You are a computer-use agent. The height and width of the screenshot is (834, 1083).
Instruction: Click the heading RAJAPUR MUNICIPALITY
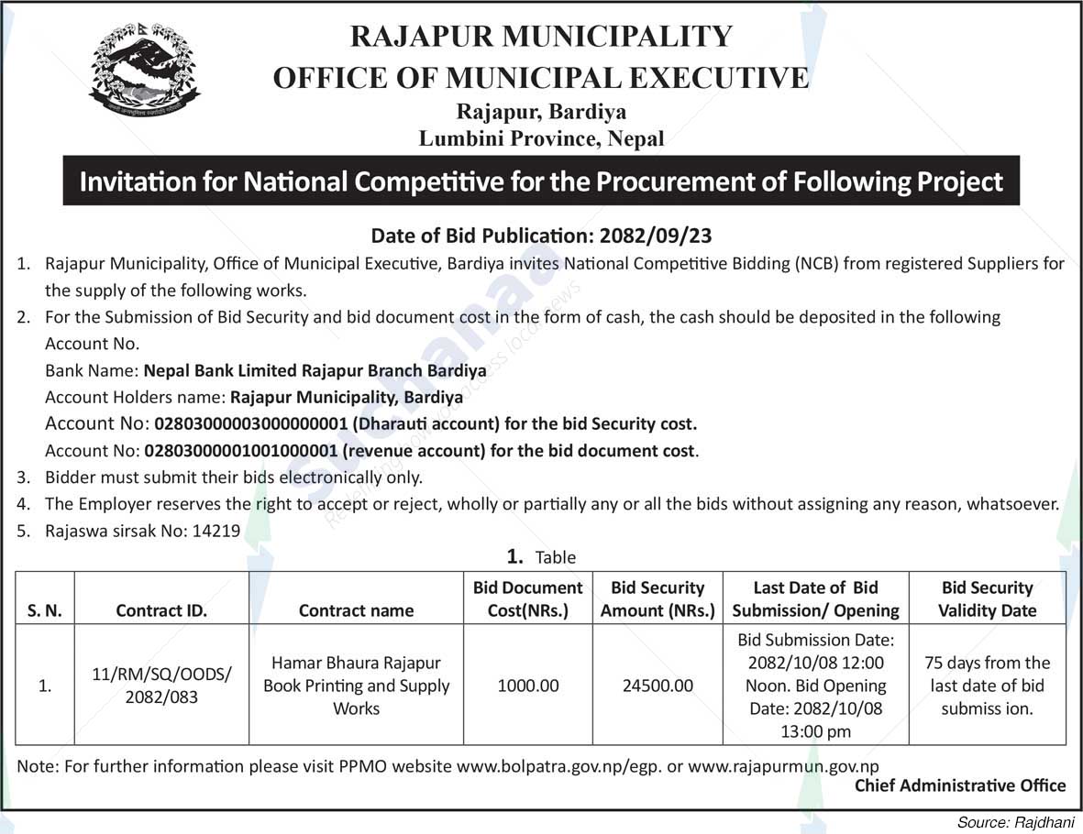coord(541,36)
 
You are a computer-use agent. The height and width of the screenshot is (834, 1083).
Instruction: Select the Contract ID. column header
coord(161,610)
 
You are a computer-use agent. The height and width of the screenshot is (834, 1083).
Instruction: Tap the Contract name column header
coord(356,610)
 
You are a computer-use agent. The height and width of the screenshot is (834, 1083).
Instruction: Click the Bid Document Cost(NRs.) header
coord(527,598)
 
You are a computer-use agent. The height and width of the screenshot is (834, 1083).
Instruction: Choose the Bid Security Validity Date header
coord(987,598)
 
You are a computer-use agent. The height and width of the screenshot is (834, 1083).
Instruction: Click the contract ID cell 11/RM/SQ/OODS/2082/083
coord(161,685)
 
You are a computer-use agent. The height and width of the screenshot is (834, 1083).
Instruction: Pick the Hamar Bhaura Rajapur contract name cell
coord(356,685)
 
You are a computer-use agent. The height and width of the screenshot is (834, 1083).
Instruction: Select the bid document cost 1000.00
coord(527,686)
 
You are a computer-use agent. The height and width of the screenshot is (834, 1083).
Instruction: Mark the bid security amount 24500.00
coord(657,686)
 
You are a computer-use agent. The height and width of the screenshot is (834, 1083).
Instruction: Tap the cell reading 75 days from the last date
coord(987,685)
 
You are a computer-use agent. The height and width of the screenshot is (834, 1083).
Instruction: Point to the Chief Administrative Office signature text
coord(960,785)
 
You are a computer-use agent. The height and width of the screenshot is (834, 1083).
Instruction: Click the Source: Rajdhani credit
coord(1016,822)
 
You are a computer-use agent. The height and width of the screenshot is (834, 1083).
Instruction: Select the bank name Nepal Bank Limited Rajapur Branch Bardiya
coord(314,371)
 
